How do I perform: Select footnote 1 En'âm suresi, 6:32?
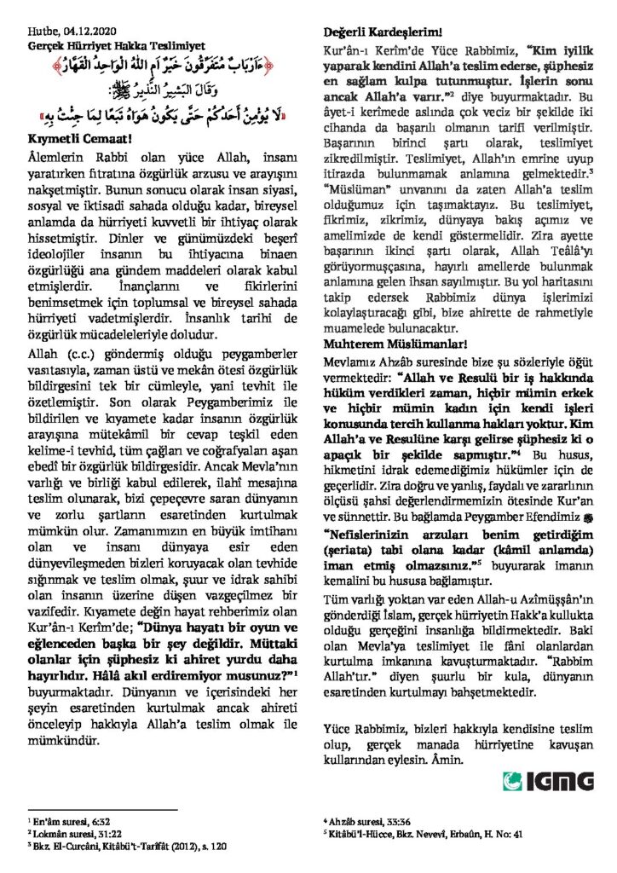(x=63, y=818)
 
